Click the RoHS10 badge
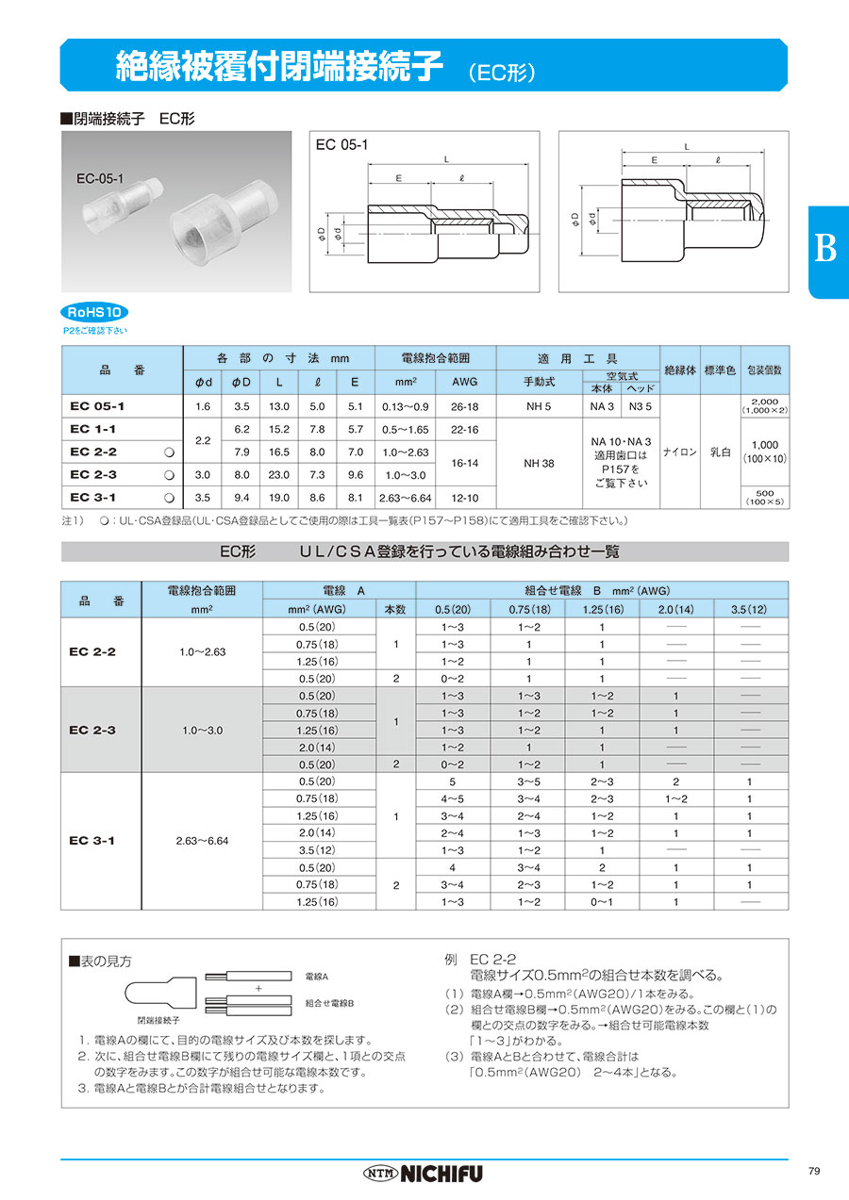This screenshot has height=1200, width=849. point(95,313)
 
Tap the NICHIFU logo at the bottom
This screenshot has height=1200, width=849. point(424,1174)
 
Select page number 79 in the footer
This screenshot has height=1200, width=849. point(814,1171)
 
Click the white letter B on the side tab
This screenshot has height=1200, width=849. point(825,249)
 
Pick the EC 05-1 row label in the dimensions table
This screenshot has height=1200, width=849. point(97,406)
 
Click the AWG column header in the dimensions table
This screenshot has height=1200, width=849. point(466,382)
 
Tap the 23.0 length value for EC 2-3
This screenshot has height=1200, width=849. point(279,475)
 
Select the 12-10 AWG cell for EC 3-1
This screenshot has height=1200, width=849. point(466,498)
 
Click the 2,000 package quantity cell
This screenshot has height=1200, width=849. point(764,406)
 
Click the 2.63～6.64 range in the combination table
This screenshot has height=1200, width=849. point(202,841)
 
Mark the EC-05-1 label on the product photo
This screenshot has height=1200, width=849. point(102,177)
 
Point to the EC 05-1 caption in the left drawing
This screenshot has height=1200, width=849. point(342,144)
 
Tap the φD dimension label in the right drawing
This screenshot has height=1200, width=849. point(574,220)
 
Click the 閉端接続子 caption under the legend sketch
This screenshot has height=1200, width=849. point(158,1020)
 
